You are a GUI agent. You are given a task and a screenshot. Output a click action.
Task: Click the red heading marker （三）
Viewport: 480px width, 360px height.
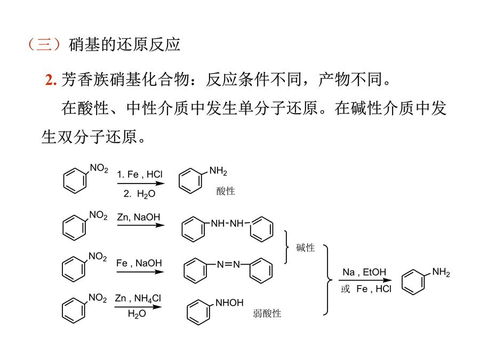click(45, 44)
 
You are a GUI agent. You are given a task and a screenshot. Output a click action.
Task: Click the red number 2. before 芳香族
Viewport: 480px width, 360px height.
click(51, 80)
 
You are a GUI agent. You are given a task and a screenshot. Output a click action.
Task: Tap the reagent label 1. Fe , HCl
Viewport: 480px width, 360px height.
click(140, 174)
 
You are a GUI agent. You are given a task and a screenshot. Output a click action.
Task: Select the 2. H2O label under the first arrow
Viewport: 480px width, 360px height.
click(140, 194)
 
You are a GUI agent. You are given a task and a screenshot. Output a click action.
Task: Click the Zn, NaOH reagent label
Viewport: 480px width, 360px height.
click(138, 217)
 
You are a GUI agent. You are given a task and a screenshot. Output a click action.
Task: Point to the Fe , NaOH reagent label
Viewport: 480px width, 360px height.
click(139, 263)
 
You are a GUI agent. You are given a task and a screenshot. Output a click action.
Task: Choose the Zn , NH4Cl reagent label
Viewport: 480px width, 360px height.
click(138, 298)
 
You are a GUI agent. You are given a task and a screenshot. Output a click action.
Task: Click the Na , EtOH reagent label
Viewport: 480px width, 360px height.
click(364, 272)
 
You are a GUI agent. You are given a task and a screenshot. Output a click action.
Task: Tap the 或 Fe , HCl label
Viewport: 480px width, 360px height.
click(366, 289)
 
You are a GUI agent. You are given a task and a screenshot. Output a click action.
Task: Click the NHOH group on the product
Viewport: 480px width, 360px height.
click(229, 303)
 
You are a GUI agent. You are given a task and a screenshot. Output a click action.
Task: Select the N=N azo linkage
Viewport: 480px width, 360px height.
click(228, 264)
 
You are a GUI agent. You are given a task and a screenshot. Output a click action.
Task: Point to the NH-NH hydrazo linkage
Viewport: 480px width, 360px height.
click(227, 223)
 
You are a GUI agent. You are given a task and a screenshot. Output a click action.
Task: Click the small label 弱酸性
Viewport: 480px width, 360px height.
click(267, 313)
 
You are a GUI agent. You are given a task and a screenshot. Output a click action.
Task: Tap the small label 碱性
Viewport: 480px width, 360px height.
click(305, 247)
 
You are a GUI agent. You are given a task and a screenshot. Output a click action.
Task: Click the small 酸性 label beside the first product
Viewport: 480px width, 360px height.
click(226, 191)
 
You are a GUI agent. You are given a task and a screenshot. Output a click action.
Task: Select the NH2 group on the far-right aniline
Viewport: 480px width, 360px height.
click(441, 272)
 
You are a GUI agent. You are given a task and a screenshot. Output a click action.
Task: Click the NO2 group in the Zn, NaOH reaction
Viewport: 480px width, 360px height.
click(98, 215)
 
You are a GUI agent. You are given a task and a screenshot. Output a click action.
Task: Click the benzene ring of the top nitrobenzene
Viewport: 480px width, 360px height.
click(75, 181)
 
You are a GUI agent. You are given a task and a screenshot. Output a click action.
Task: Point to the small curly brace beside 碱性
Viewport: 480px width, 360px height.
click(286, 247)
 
